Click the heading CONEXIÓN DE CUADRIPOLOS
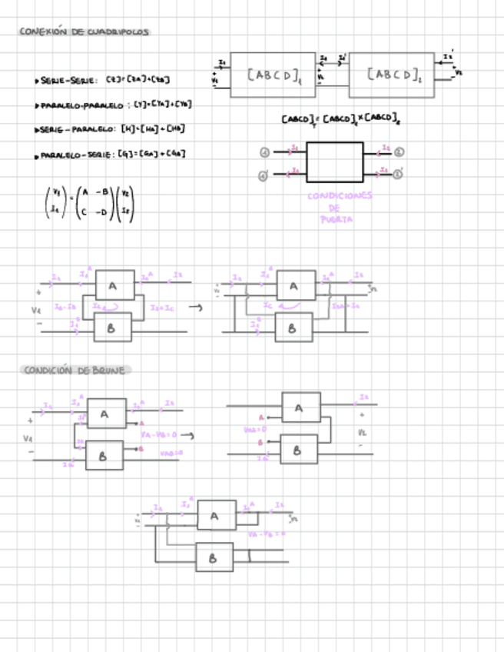pos(85,32)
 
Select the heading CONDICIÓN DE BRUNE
pos(75,370)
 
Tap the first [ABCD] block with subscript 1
pos(273,75)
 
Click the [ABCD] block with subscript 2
pos(393,75)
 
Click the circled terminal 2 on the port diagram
pos(399,151)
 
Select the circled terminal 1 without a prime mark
pos(264,152)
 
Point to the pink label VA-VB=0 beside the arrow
pos(159,434)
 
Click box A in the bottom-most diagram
pos(216,515)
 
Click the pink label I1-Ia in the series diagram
pos(65,307)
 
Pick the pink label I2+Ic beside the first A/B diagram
pos(163,308)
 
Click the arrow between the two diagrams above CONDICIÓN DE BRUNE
pos(195,308)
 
